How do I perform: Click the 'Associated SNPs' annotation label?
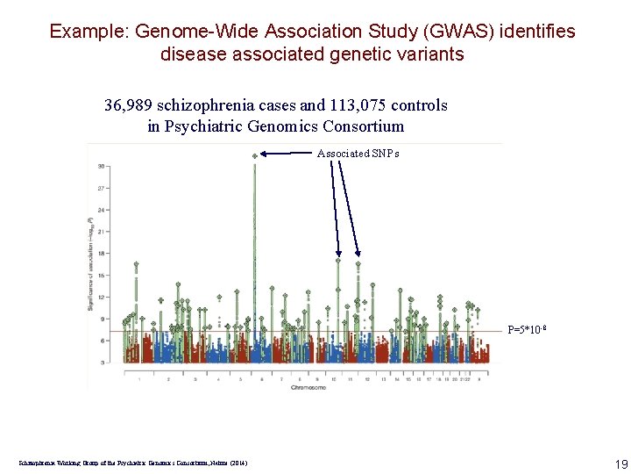pos(358,154)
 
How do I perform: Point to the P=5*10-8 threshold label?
pos(527,331)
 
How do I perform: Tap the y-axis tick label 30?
pos(103,166)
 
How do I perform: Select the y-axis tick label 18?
pos(103,253)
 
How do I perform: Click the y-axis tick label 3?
pos(103,362)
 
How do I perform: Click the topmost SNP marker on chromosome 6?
pos(255,156)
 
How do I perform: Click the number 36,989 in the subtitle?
pos(130,106)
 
